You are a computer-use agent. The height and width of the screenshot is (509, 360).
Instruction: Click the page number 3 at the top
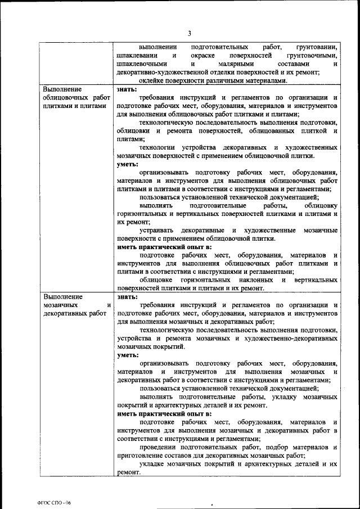(190, 33)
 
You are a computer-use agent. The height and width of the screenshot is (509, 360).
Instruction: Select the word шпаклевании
(136, 56)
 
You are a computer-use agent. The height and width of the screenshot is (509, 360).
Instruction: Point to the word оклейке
(151, 80)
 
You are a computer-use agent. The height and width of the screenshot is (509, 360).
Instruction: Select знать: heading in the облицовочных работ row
(126, 89)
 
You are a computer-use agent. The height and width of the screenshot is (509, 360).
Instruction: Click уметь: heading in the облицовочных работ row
(127, 164)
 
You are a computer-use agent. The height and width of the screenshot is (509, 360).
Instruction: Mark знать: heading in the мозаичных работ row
(126, 296)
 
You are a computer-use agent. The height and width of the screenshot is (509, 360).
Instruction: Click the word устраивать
(157, 231)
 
